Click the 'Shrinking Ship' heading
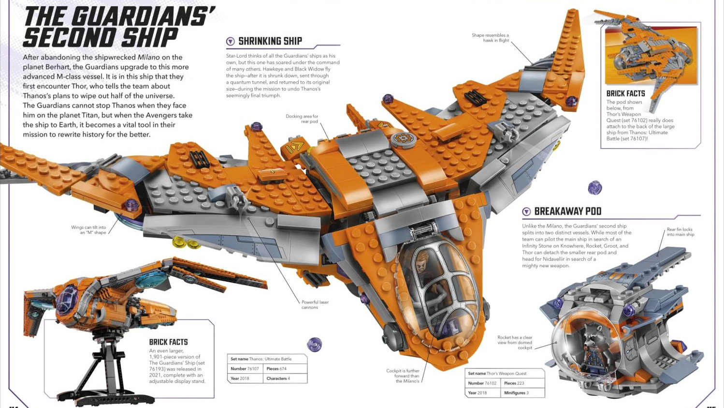click(x=270, y=41)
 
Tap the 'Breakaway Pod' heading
click(x=567, y=212)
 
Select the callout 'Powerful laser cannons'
click(x=315, y=304)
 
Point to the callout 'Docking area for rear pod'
click(x=302, y=119)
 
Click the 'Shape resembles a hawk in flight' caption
click(x=490, y=38)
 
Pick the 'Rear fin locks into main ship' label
click(x=680, y=232)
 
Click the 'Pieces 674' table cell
click(x=276, y=369)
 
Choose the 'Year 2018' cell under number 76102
click(x=478, y=393)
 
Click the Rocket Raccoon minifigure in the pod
click(x=592, y=344)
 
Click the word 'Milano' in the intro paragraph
click(x=148, y=57)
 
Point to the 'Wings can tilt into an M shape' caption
click(x=88, y=230)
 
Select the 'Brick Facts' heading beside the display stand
click(x=168, y=342)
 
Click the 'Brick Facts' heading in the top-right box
click(x=625, y=93)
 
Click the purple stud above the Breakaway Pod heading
click(x=594, y=187)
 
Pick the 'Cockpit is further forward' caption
click(x=403, y=376)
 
